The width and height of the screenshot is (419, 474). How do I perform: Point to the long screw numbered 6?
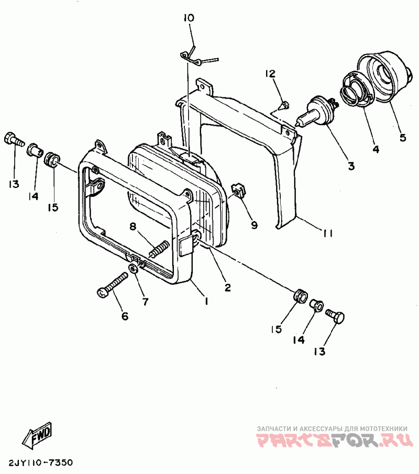113,284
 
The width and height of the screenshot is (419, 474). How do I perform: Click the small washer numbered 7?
134,268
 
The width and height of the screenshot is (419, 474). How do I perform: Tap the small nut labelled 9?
237,191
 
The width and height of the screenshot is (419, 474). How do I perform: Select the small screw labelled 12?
283,106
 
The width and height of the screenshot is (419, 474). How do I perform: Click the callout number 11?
327,234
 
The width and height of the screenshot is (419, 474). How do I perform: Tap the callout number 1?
206,301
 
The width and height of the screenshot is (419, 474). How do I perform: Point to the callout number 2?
227,287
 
